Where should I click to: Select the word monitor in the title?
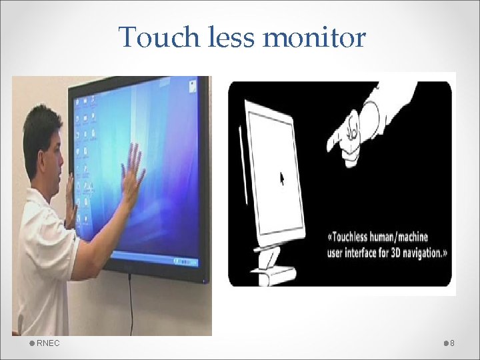click(x=314, y=37)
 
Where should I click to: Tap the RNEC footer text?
click(x=48, y=343)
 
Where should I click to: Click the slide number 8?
click(x=453, y=343)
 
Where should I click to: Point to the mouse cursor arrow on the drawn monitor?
click(x=282, y=178)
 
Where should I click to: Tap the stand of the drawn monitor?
click(x=273, y=263)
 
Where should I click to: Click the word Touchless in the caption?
click(x=359, y=237)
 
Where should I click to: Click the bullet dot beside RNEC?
click(x=31, y=343)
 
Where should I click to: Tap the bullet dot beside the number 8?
click(x=445, y=343)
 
